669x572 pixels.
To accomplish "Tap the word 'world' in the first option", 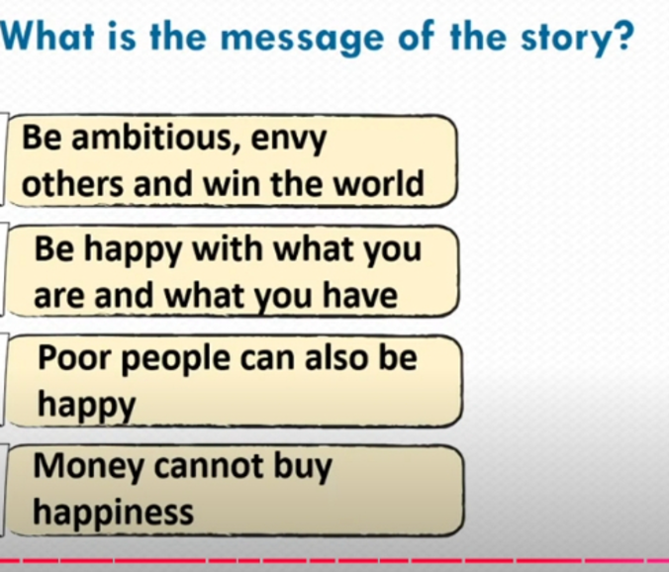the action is pos(379,183).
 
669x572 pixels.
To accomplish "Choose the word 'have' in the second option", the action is pos(360,295).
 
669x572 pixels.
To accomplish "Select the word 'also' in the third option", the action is pos(336,356).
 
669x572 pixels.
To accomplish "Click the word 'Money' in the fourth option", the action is pos(89,467).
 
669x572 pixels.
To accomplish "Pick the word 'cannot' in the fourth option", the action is pos(208,467).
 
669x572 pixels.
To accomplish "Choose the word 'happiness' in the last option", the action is pos(114,513).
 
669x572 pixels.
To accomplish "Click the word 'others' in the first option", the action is pos(72,183).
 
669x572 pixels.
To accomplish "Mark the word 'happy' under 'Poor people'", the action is pos(87,405).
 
